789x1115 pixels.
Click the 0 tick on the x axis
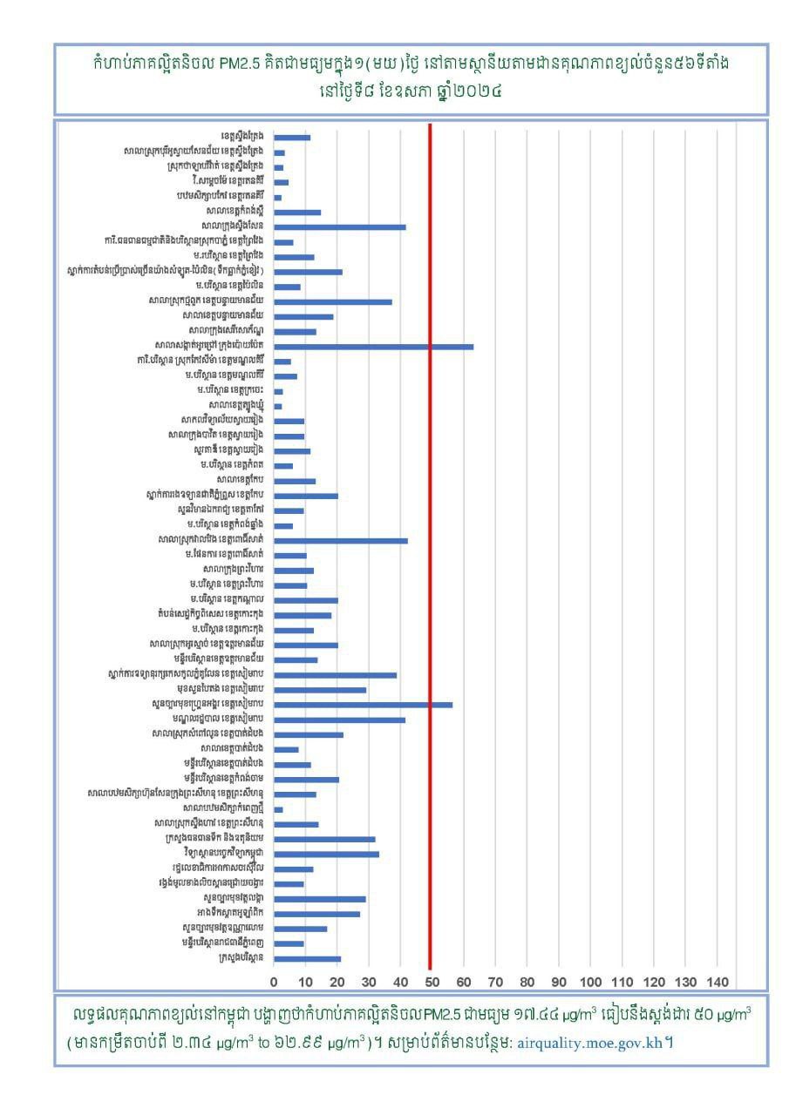pyautogui.click(x=274, y=982)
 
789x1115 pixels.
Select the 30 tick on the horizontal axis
pyautogui.click(x=369, y=982)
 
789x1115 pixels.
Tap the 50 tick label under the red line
pyautogui.click(x=431, y=982)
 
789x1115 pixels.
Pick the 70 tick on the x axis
pyautogui.click(x=495, y=982)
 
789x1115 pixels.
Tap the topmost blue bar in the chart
pyautogui.click(x=292, y=138)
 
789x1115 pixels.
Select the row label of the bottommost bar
pyautogui.click(x=235, y=958)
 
